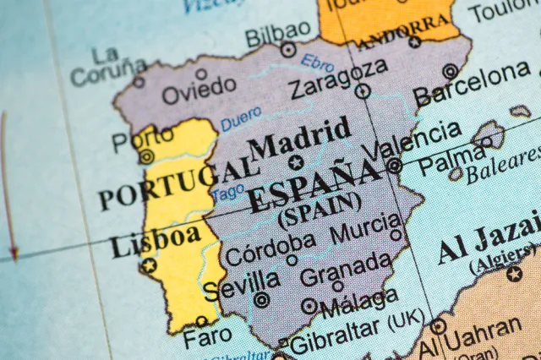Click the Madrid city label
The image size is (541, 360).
click(x=299, y=138)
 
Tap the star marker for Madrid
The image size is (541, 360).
click(x=295, y=161)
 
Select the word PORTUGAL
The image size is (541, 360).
click(x=167, y=187)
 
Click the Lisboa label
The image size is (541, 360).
click(x=155, y=241)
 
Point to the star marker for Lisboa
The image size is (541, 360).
click(x=149, y=266)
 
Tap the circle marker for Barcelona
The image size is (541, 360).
click(x=450, y=71)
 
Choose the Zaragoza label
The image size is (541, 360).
click(x=338, y=79)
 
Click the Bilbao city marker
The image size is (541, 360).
click(x=288, y=50)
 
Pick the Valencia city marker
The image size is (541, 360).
click(x=394, y=166)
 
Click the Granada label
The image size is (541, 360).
click(x=346, y=272)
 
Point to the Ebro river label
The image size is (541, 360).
click(x=318, y=62)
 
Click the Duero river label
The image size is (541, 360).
click(x=242, y=120)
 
